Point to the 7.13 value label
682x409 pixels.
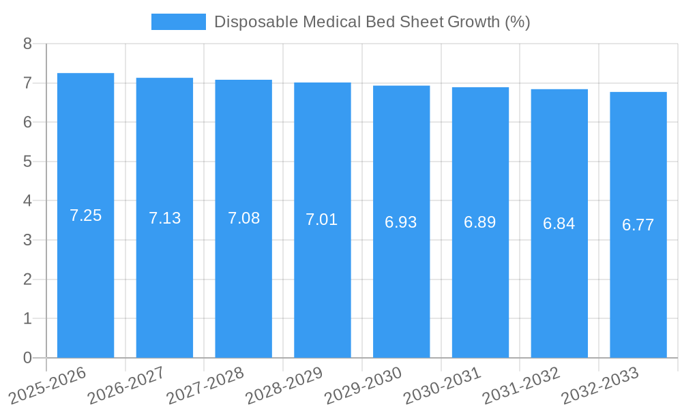[x=164, y=218]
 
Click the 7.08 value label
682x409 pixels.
[x=243, y=218]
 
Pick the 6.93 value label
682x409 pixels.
[x=401, y=222]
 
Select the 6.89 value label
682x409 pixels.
[x=480, y=222]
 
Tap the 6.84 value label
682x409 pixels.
[x=559, y=224]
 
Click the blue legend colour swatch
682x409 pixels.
[x=178, y=22]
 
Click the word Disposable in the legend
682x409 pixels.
[x=248, y=22]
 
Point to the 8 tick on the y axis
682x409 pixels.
[x=27, y=44]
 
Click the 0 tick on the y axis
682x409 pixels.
[x=27, y=358]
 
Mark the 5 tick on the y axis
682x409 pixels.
[x=27, y=162]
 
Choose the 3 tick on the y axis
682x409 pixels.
[x=27, y=240]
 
